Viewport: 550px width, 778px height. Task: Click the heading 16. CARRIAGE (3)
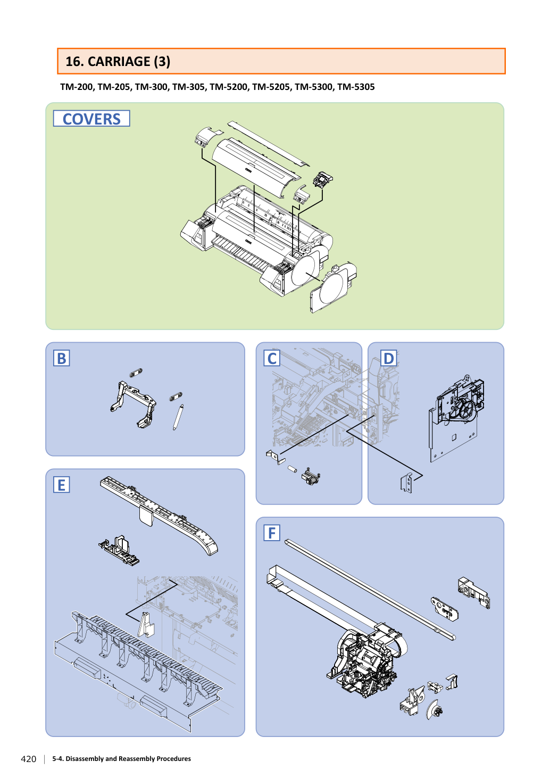(118, 62)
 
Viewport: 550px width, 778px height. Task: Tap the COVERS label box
(91, 119)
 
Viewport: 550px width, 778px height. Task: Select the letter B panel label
(62, 358)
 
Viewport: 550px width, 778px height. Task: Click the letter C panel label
(272, 358)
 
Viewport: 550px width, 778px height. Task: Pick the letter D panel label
(388, 358)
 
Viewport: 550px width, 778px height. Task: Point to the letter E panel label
(62, 485)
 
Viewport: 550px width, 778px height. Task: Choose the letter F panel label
(272, 533)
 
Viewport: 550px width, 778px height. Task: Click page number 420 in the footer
(29, 759)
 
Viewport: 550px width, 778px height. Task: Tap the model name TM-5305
(356, 87)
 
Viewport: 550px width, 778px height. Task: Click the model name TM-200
(77, 87)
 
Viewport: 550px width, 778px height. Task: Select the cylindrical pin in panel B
(178, 417)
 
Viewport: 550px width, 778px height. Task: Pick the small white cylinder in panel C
(293, 469)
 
